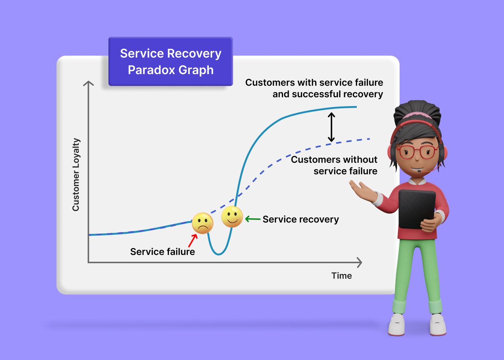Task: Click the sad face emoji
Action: coord(202,223)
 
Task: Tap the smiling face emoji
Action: coord(232,217)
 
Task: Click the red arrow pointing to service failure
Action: coord(193,240)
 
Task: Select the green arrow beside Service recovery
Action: coord(253,219)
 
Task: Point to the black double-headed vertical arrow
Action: coord(331,127)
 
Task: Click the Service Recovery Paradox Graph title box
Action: coord(171,62)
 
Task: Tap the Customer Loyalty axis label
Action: coord(76,175)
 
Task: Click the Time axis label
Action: coord(341,276)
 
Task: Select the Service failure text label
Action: coord(162,252)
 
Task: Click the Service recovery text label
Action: coord(301,219)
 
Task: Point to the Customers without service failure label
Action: coord(334,165)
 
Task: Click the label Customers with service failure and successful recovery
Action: coord(314,88)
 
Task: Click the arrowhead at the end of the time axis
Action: coord(359,262)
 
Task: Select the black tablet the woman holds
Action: coord(417,209)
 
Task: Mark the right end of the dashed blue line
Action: coord(369,139)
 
